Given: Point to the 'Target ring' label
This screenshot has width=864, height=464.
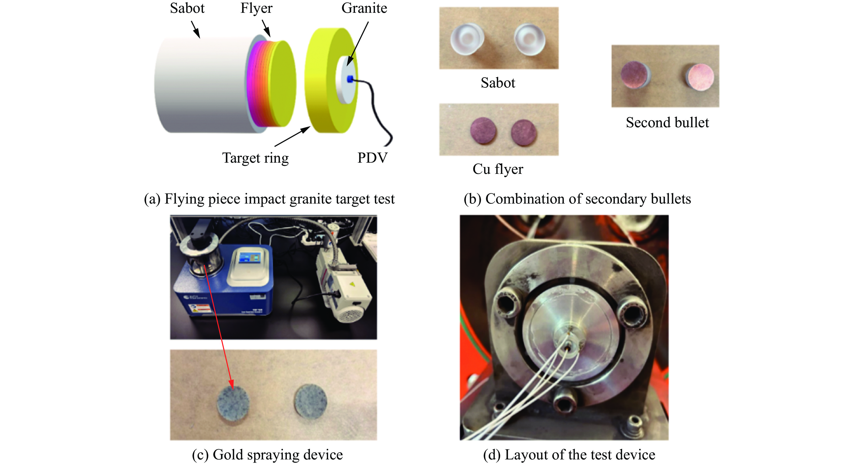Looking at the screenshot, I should [x=255, y=158].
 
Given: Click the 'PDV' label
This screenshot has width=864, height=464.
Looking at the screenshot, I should [x=372, y=158].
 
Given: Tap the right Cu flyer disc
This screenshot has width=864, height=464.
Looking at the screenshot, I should [x=524, y=133].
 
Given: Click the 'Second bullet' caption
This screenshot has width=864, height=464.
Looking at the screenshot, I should [x=667, y=123].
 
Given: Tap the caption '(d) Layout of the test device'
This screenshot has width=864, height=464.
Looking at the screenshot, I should [x=569, y=455].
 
